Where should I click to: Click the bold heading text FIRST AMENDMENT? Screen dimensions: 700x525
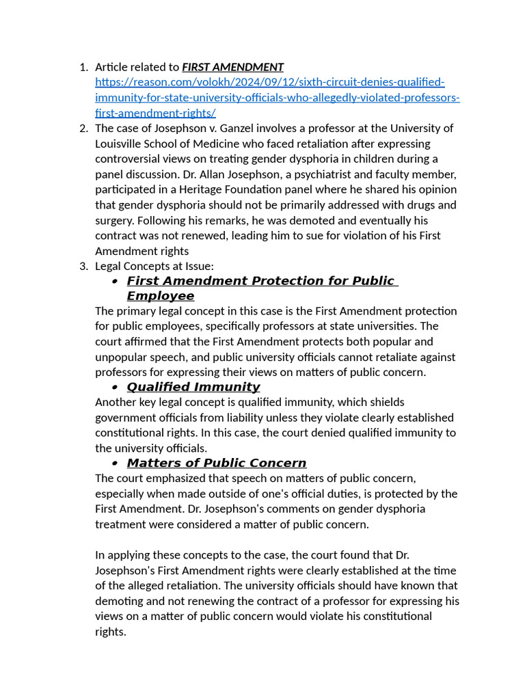[232, 67]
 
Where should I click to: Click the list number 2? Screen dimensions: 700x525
[83, 129]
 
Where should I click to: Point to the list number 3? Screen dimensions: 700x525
[83, 266]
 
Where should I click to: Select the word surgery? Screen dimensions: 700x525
[116, 220]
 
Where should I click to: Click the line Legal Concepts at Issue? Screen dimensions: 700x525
[154, 266]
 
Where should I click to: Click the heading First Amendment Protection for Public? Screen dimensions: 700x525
[260, 281]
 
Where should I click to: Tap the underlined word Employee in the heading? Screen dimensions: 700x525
[160, 296]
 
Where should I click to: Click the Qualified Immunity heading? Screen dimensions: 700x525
[193, 387]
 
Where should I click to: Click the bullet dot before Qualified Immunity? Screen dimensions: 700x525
[115, 388]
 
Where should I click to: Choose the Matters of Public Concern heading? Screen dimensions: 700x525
[216, 463]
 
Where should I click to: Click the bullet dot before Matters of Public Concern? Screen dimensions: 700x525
[115, 464]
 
